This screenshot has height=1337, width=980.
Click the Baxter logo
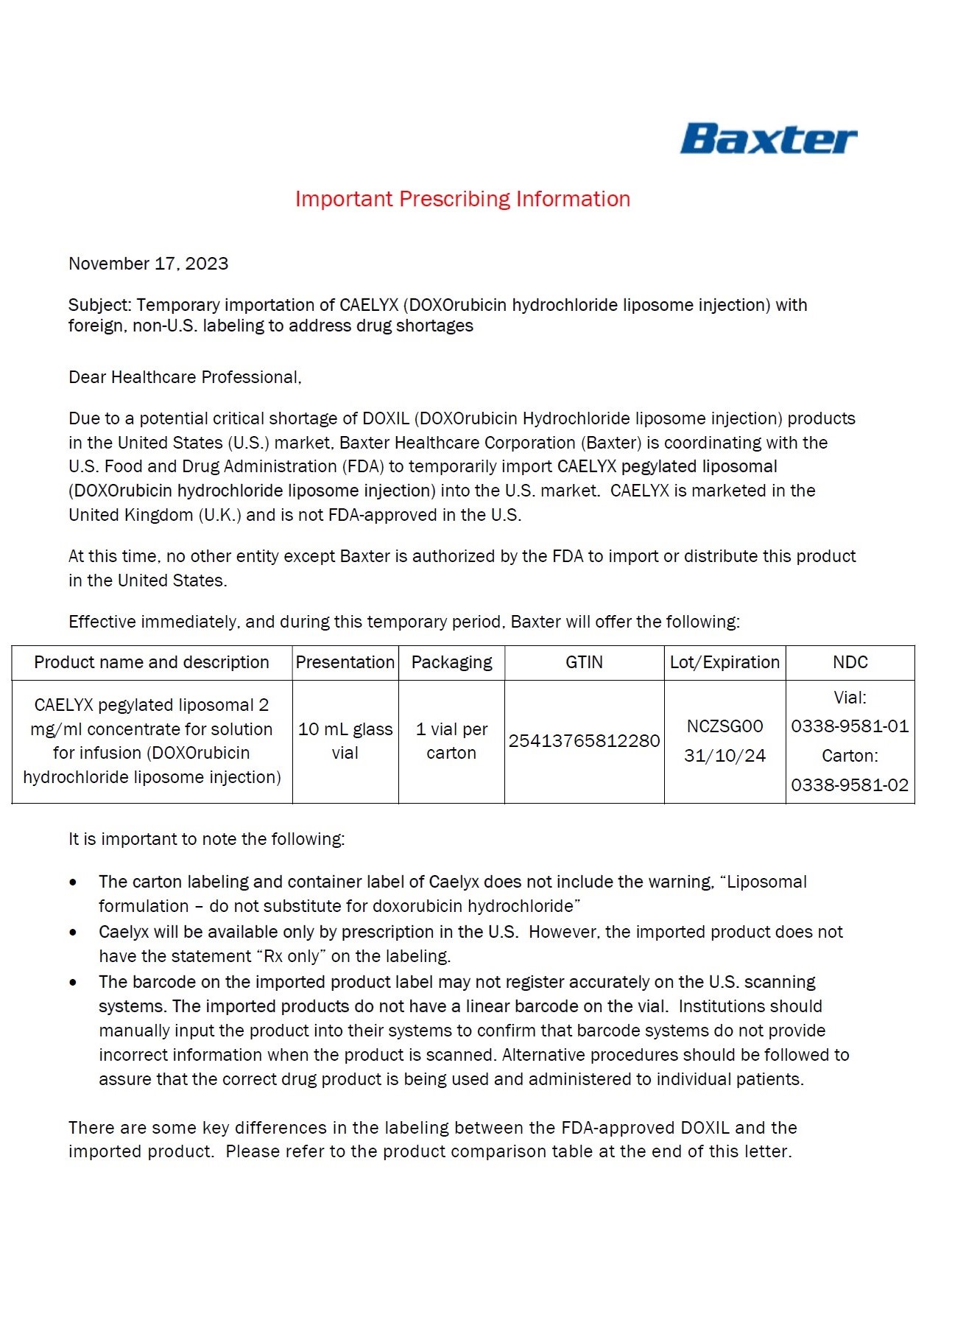click(768, 139)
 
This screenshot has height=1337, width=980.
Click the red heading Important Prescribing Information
click(462, 199)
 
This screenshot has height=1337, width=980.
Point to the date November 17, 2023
click(148, 264)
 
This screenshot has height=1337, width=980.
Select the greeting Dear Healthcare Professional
click(185, 377)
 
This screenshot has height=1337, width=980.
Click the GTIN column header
click(584, 662)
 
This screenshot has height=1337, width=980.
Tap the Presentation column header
click(345, 662)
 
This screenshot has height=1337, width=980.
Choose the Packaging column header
click(451, 662)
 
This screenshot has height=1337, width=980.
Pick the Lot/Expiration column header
click(725, 662)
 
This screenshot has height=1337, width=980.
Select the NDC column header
click(850, 662)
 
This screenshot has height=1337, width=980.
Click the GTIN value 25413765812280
click(584, 741)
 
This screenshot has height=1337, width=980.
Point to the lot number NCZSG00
click(725, 726)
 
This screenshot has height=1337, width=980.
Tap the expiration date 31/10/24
click(725, 756)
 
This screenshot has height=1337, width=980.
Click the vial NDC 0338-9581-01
click(850, 726)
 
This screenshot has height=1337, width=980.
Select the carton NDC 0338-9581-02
click(850, 785)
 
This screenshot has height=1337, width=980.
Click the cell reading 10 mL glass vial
click(345, 741)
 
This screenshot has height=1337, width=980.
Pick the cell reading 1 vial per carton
click(451, 741)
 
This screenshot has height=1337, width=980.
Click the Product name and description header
click(152, 662)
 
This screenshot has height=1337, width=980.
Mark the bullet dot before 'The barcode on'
click(73, 983)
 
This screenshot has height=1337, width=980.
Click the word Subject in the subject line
click(99, 305)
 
